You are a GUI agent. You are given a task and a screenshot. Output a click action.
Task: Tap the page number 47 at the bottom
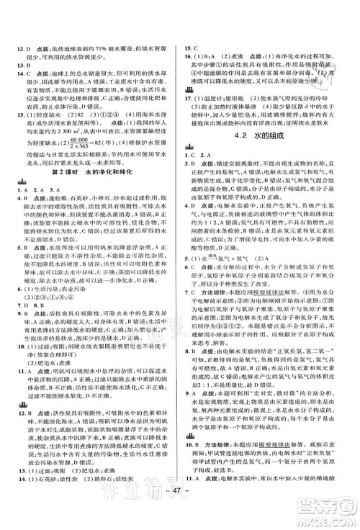[180, 513]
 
